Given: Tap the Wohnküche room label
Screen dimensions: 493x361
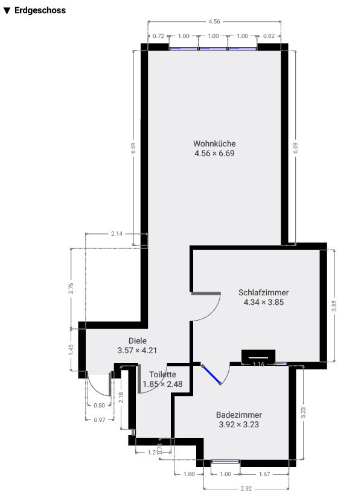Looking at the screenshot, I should (214, 144).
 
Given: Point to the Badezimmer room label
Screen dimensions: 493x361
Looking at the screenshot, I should (239, 415).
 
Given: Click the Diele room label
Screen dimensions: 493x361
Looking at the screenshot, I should (138, 341).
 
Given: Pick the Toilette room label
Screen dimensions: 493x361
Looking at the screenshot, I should (162, 374).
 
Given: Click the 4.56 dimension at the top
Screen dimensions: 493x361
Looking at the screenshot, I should (214, 21).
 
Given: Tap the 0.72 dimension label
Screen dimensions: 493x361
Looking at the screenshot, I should (159, 36).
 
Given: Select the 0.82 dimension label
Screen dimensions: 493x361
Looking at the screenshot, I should (269, 36).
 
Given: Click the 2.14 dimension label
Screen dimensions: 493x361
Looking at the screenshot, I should (117, 233).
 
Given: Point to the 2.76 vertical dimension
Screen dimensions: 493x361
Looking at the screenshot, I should (71, 287).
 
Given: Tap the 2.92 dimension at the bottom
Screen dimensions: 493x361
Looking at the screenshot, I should (246, 488).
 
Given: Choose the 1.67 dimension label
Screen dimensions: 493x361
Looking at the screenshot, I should (264, 474).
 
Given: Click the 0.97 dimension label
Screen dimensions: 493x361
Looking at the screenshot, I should (101, 419).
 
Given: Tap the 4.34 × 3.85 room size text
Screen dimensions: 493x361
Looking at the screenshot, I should (263, 303).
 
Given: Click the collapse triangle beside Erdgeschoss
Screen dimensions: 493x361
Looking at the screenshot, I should (7, 11).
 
